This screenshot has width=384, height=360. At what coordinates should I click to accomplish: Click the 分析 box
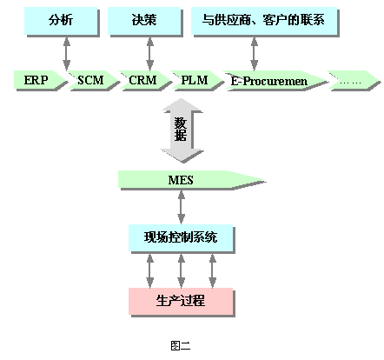point(62,22)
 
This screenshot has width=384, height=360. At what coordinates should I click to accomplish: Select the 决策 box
point(145,22)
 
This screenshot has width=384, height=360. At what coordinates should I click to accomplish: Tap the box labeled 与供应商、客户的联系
point(265,22)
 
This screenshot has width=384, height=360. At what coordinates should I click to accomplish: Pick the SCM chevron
point(93,80)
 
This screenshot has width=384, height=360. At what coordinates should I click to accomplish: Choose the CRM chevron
point(145,80)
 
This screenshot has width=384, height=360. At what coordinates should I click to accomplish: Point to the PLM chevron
point(197,80)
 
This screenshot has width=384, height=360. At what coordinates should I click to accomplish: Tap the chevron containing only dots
point(353,81)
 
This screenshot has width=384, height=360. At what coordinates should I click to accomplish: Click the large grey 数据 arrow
point(182,130)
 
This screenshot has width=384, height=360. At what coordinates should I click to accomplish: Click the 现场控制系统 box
point(182,238)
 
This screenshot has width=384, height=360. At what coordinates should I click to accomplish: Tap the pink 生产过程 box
point(182,302)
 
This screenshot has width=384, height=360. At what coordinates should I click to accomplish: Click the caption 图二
point(181,345)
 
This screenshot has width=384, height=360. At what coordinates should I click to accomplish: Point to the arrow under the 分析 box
point(67,54)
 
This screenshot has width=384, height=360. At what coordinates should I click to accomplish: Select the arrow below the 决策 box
point(150,54)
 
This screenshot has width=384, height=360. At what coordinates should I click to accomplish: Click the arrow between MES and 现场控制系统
point(182,207)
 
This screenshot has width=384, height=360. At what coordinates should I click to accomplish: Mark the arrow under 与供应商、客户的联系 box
point(255,54)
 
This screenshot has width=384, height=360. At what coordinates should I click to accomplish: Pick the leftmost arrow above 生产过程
point(150,270)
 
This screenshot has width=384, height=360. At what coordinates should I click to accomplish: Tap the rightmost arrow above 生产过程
point(213,270)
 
